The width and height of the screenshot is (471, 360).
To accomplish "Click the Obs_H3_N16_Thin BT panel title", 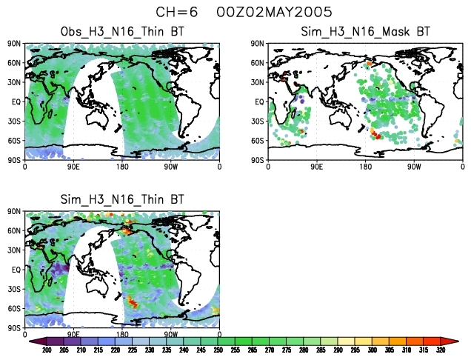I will click(x=122, y=32).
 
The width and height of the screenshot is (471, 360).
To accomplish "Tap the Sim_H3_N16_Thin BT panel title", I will click(x=122, y=200).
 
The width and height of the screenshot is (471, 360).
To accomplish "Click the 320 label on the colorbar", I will click(x=441, y=350).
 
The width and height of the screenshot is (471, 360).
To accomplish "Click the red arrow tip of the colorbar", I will click(x=454, y=341).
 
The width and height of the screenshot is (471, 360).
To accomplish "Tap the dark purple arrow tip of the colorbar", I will click(x=33, y=341).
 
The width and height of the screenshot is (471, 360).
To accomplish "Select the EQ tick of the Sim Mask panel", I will click(x=259, y=101).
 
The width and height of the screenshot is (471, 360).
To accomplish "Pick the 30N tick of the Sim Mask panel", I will click(x=258, y=82).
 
